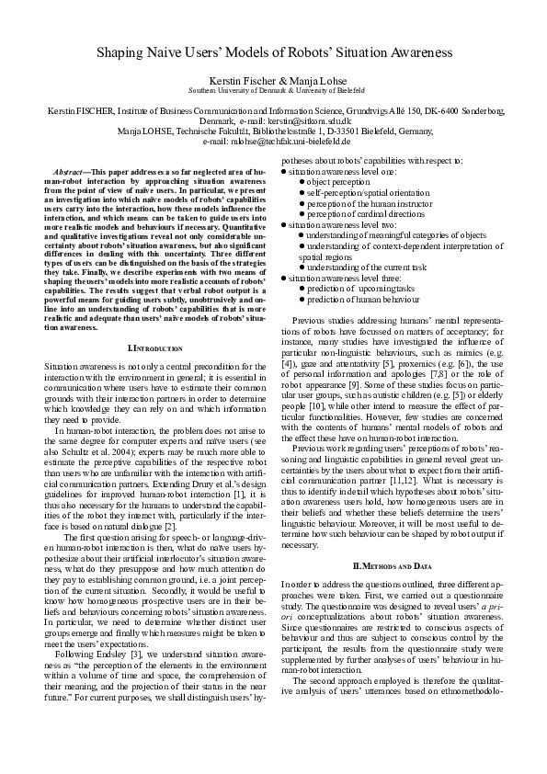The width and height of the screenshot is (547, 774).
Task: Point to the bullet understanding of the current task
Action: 363,267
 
